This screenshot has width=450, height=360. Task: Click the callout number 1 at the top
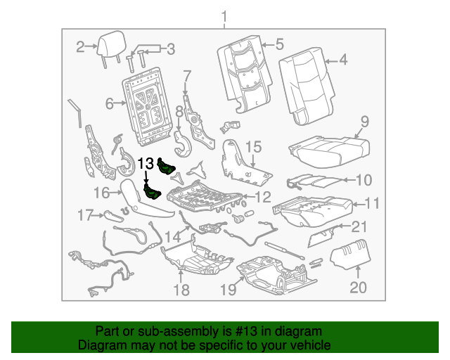click(x=224, y=16)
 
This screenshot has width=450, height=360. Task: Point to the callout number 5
click(x=279, y=44)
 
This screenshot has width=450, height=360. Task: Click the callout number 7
click(x=187, y=75)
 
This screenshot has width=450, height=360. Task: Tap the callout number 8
click(x=179, y=110)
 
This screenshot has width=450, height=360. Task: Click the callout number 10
click(x=363, y=180)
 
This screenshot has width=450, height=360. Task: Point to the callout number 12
click(x=262, y=198)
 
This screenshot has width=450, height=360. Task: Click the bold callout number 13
click(x=145, y=163)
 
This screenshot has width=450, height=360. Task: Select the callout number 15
click(x=253, y=147)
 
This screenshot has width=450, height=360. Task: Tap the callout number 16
click(x=101, y=192)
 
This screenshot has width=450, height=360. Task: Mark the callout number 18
click(x=181, y=290)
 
